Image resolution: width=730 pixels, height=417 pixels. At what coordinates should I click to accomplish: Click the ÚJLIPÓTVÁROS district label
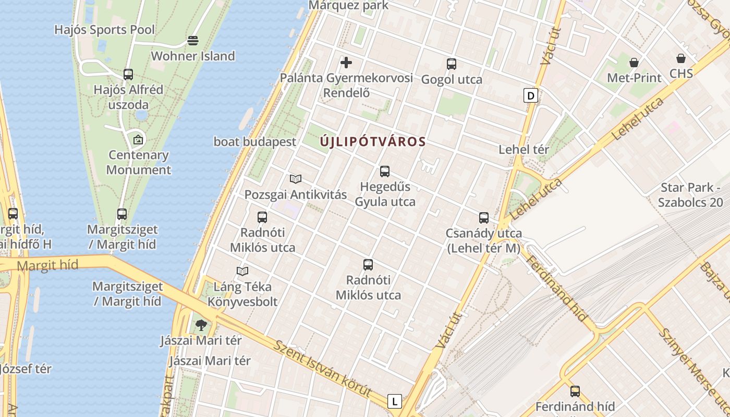click(373, 141)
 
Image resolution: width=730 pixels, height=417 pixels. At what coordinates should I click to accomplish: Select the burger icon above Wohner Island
click(193, 40)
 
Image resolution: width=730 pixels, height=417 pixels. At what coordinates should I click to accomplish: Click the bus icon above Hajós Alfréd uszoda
click(128, 75)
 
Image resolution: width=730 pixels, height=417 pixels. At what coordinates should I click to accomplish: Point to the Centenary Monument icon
click(138, 140)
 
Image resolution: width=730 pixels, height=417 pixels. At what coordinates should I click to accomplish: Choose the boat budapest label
click(255, 142)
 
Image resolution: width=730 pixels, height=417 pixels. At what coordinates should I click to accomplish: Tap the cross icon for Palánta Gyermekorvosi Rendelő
click(346, 63)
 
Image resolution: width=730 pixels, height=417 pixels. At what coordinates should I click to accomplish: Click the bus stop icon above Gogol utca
click(452, 64)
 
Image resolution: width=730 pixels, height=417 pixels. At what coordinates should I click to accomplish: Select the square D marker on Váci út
click(531, 95)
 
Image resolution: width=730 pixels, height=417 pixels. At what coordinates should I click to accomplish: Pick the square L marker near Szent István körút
click(395, 401)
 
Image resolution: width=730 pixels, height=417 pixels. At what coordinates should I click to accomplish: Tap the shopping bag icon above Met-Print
click(634, 63)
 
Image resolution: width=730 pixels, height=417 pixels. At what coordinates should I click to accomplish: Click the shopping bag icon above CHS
click(681, 58)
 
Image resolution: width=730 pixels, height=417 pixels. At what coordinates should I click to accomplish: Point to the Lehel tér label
click(524, 150)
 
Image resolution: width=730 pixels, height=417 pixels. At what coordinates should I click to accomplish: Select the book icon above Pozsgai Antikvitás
click(296, 179)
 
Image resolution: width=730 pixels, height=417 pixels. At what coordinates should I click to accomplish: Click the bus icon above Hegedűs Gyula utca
click(385, 171)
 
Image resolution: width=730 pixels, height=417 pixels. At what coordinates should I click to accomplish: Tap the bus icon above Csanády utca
click(484, 218)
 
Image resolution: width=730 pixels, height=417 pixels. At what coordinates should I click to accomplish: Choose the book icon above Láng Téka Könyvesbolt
click(242, 271)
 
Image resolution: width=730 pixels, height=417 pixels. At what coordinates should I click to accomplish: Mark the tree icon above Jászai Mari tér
click(201, 326)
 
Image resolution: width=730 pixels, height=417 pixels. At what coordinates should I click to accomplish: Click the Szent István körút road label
click(323, 369)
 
